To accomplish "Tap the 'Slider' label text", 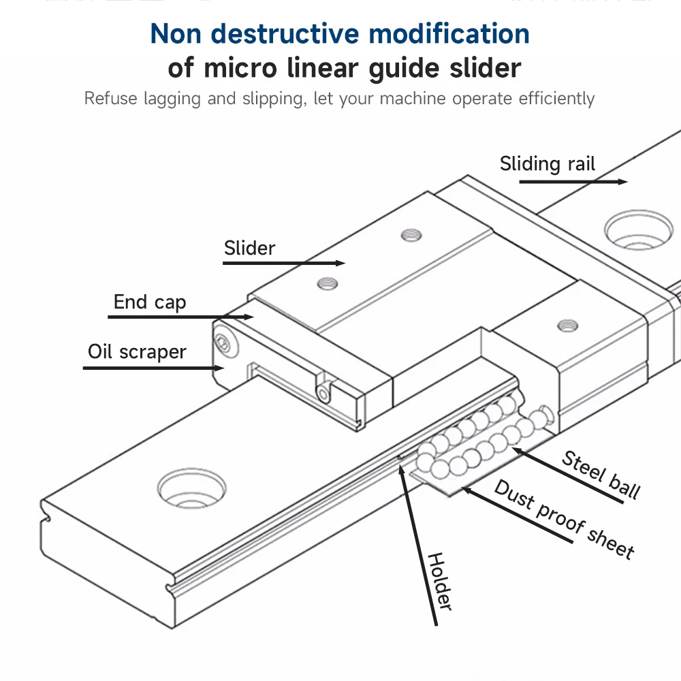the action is click(x=249, y=248).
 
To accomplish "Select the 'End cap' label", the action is click(x=150, y=302).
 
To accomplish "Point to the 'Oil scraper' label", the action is click(x=137, y=352).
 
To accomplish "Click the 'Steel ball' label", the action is click(x=601, y=475).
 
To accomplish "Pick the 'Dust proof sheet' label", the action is click(x=564, y=519).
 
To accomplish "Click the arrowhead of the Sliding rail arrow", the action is click(x=623, y=182).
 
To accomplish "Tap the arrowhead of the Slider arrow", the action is click(x=340, y=263).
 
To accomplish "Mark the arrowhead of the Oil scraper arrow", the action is click(x=219, y=368).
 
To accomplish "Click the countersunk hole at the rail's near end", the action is click(x=191, y=488).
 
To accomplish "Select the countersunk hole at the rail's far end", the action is click(x=639, y=230).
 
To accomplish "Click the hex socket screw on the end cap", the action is click(x=224, y=345).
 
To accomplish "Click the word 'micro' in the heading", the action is click(x=240, y=68).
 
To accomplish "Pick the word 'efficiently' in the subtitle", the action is click(x=556, y=99).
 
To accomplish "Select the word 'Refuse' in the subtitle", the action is click(x=111, y=98).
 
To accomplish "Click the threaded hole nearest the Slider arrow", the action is click(x=328, y=284).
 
